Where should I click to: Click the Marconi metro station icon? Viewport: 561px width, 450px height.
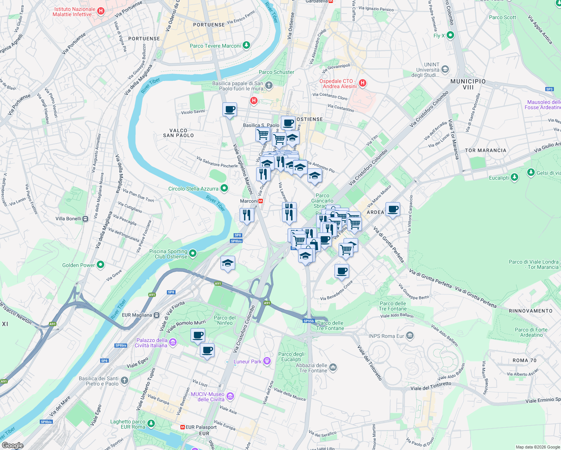coord(261,201)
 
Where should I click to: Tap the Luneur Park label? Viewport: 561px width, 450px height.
coord(247,361)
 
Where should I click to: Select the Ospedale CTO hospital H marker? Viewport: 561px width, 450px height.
coord(362,83)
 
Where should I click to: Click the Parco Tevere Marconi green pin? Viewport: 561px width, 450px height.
coord(246,46)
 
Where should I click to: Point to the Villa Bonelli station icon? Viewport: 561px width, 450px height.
coord(85,219)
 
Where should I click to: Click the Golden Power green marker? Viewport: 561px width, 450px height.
coord(100,265)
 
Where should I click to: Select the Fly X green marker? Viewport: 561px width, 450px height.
coord(450,36)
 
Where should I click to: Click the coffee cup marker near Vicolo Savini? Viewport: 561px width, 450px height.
coord(229,109)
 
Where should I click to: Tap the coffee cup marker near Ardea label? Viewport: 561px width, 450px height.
coord(393,209)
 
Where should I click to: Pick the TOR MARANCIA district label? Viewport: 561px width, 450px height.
coord(485,150)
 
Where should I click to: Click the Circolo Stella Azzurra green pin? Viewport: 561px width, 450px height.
coord(224,188)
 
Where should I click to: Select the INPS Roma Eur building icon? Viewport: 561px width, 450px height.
coord(410,336)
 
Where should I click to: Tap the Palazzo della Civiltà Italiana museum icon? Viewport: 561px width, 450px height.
coord(172,342)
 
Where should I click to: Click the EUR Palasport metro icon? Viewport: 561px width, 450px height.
coord(183,427)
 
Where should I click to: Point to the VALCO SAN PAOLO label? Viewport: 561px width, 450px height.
coord(178,133)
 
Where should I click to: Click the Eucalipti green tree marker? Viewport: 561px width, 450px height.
coord(514,177)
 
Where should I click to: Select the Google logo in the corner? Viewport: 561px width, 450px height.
coord(12,445)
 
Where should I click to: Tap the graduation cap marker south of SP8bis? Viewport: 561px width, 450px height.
coord(228,263)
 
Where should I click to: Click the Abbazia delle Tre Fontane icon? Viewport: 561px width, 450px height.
coord(333,367)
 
